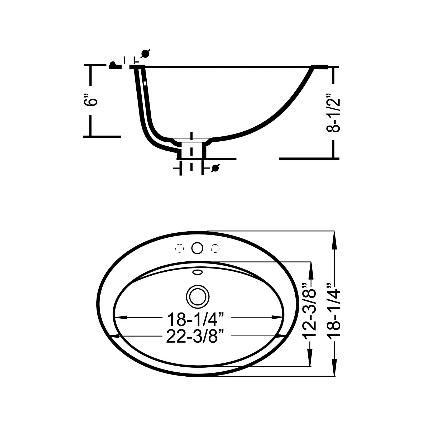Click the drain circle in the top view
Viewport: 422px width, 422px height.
[198, 296]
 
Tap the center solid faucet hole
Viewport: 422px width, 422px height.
[197, 248]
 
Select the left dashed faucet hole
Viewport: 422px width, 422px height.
[179, 248]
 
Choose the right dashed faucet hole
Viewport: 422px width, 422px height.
[215, 248]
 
